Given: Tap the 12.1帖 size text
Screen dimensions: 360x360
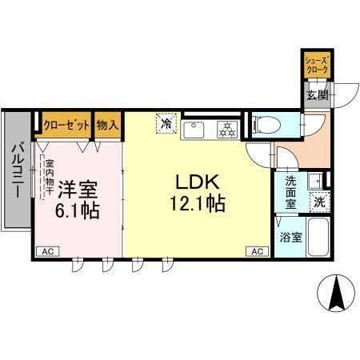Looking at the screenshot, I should [196, 203].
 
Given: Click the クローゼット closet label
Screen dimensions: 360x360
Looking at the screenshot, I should [66, 124].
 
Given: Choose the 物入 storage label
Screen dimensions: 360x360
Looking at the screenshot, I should [107, 124].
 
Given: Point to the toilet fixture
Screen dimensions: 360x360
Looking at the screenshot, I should [262, 125].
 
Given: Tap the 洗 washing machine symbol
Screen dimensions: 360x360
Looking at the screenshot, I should [318, 202].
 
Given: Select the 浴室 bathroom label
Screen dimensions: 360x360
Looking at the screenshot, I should [290, 237].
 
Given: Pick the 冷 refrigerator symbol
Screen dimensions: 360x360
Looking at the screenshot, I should [166, 124].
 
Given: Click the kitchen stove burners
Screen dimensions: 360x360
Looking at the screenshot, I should [226, 128].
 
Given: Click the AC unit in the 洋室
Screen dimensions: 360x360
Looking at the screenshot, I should [47, 251].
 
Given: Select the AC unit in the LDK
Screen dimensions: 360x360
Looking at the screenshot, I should [258, 251].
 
